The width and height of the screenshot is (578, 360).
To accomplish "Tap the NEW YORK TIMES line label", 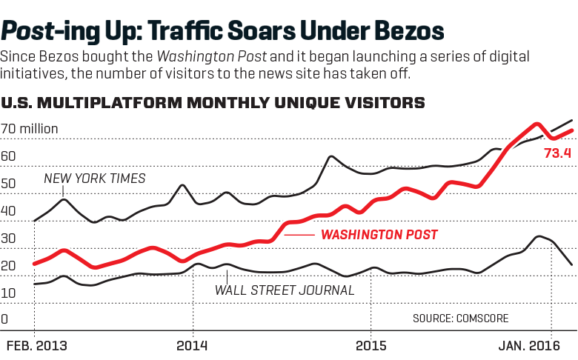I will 94,179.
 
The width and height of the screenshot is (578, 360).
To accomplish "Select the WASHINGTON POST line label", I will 379,235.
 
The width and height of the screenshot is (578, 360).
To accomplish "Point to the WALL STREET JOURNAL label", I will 285,290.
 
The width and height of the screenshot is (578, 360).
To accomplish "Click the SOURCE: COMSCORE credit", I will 461,319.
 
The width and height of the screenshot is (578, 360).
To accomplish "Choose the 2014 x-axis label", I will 192,346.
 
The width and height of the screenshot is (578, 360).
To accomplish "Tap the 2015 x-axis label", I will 371,346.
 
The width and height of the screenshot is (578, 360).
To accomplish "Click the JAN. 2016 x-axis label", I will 528,346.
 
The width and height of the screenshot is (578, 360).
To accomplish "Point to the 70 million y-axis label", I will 30,130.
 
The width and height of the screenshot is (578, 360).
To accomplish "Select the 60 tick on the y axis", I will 8,156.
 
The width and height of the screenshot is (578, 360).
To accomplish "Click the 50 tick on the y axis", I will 8,184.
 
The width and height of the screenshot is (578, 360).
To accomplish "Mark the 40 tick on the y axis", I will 8,211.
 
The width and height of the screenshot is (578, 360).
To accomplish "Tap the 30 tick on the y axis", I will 8,239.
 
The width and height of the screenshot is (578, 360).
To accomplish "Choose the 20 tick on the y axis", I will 8,266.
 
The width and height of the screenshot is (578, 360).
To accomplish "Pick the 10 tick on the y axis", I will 8,293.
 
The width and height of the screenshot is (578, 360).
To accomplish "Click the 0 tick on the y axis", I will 4,320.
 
